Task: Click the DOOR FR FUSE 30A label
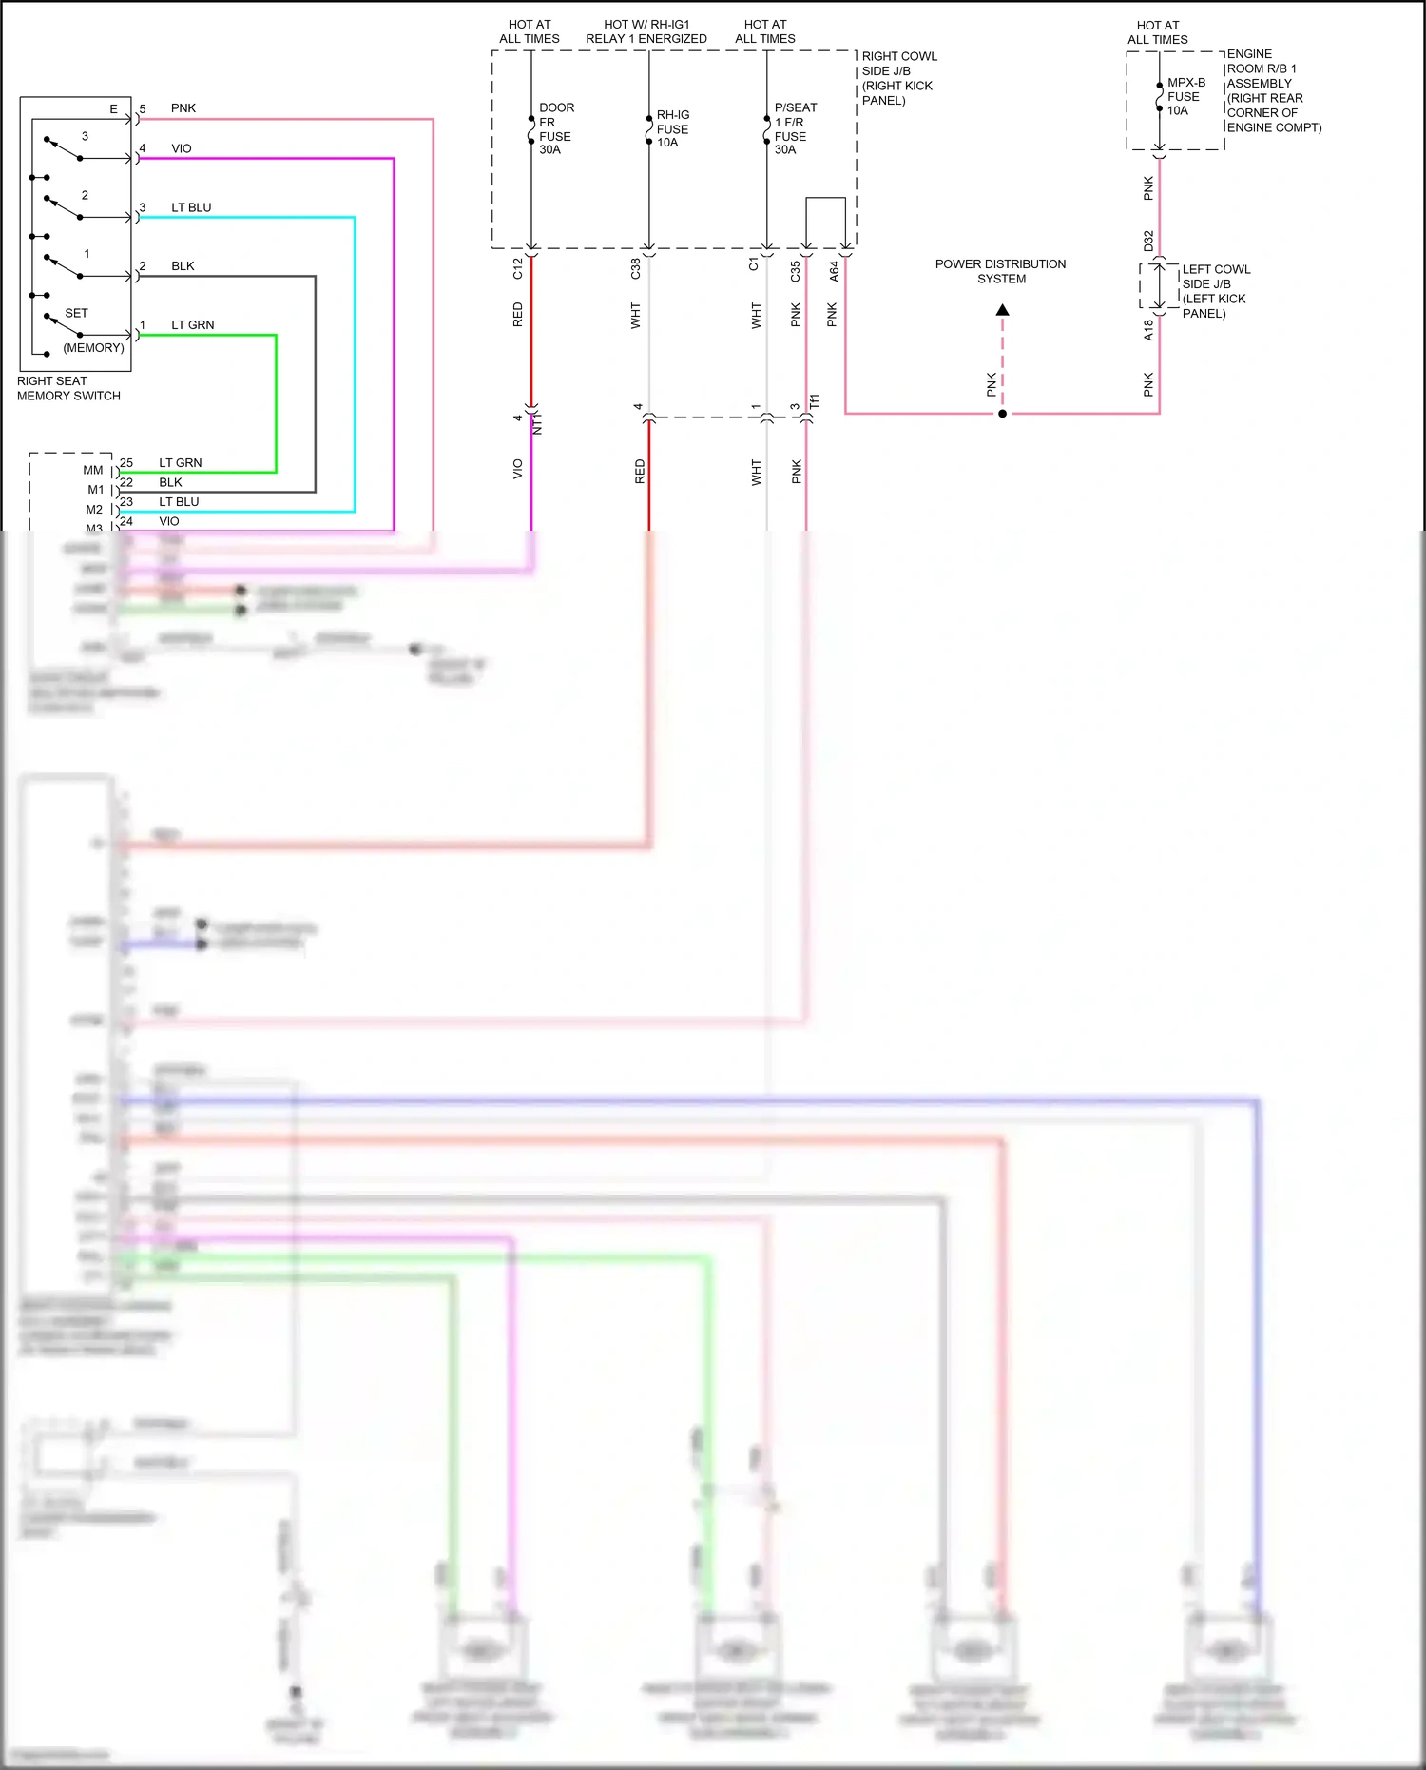[x=556, y=128]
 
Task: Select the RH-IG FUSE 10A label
[x=672, y=128]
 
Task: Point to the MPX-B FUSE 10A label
[x=1185, y=96]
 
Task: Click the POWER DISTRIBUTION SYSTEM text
[x=1000, y=271]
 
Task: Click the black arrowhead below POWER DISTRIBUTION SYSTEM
[x=1002, y=310]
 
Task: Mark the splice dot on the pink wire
[x=1002, y=414]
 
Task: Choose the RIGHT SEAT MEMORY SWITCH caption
[x=68, y=388]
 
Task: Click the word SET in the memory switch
[x=76, y=313]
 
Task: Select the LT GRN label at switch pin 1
[x=192, y=325]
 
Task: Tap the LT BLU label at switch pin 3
[x=191, y=207]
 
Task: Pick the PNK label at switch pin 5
[x=183, y=108]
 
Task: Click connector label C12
[x=517, y=268]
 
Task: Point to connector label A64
[x=834, y=271]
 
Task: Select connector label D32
[x=1148, y=241]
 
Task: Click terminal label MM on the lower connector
[x=92, y=470]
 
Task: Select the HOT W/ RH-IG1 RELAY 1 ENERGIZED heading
[x=646, y=31]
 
